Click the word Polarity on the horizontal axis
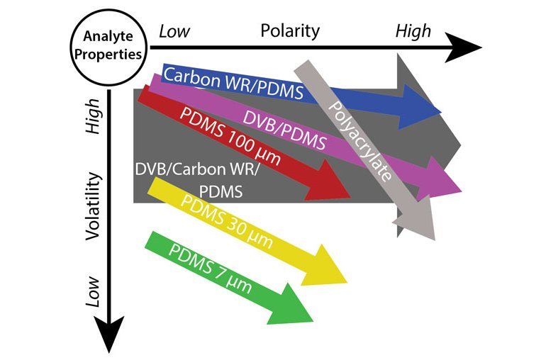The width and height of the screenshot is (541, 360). [x=290, y=30]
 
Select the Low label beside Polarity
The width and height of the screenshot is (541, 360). [x=176, y=30]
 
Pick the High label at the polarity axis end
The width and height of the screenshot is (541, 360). [x=413, y=30]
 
